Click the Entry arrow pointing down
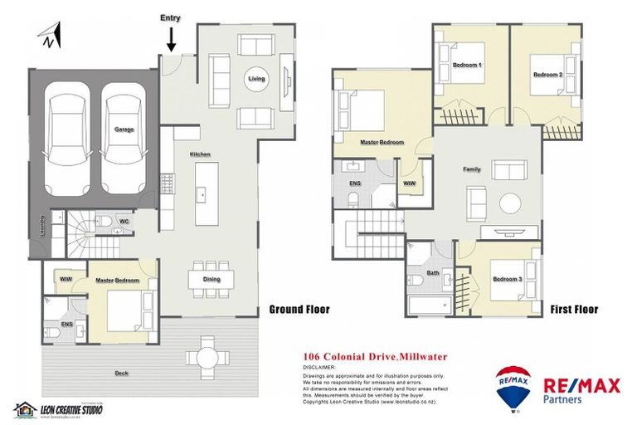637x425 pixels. pos(172,37)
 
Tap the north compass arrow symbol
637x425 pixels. pos(49,35)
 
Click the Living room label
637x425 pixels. pos(255,80)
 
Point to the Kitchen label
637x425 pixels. pos(200,154)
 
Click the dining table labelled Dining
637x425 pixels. pos(211,279)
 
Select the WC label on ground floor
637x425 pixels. pos(123,222)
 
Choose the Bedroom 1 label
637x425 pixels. pos(467,65)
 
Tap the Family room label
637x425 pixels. pos(471,169)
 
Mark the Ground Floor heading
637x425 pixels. pos(299,310)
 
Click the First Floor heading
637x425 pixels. pos(574,310)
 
